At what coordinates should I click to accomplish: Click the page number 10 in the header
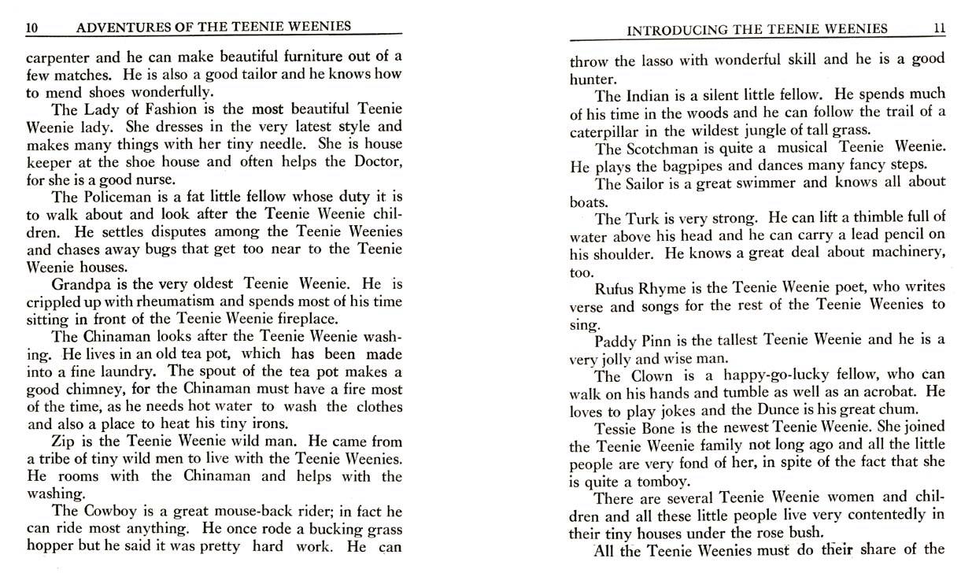32,28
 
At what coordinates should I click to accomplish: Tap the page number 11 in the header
938,29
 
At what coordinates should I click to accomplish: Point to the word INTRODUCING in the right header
675,30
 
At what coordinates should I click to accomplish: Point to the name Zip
62,442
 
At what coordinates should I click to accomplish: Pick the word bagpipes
666,166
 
